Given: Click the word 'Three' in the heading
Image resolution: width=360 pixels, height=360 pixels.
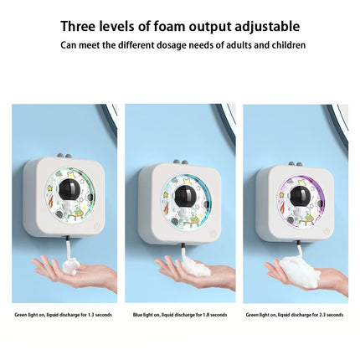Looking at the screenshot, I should pyautogui.click(x=81, y=27).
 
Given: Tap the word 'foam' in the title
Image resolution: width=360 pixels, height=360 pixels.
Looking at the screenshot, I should pyautogui.click(x=167, y=27).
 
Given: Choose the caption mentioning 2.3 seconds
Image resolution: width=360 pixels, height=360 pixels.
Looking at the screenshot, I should pyautogui.click(x=294, y=315).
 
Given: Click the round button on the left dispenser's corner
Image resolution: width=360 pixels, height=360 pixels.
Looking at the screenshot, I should pyautogui.click(x=96, y=225).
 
